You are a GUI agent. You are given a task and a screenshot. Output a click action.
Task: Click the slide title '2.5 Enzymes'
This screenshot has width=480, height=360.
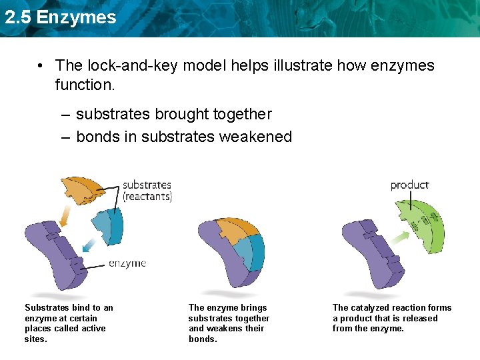(60, 17)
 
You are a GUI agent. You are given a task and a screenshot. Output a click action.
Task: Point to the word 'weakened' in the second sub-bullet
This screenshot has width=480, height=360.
(261, 137)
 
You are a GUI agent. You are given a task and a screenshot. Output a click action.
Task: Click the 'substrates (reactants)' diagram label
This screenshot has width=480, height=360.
(147, 190)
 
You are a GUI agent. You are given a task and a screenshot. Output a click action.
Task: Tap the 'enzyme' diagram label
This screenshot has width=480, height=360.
(127, 263)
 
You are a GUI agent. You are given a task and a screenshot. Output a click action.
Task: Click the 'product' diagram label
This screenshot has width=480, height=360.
(409, 185)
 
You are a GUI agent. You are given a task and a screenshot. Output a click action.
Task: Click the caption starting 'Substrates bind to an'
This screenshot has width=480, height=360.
(69, 323)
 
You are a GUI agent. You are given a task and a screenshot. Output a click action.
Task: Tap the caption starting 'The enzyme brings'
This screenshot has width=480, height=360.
(229, 323)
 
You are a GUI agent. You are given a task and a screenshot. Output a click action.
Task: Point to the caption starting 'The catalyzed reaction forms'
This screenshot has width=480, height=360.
(392, 318)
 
